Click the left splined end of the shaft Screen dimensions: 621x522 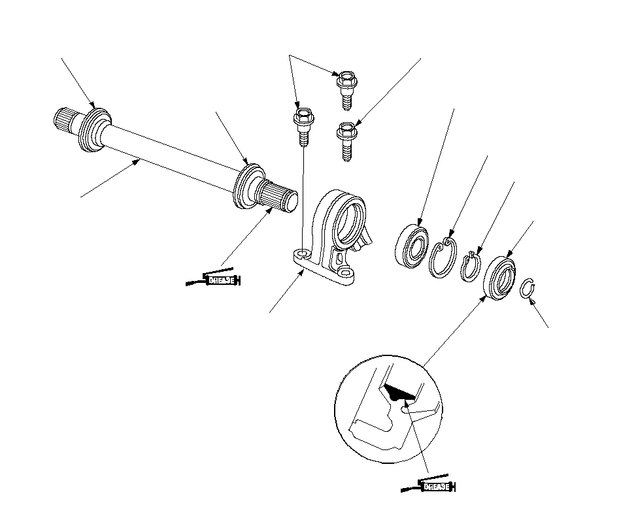(x=65, y=121)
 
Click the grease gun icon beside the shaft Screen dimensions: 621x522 (x=214, y=280)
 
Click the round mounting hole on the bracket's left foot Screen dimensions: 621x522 (x=302, y=252)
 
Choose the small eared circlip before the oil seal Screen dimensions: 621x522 (x=469, y=266)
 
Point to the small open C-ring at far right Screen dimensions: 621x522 (x=528, y=290)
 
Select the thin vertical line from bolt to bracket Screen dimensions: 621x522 (x=303, y=196)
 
